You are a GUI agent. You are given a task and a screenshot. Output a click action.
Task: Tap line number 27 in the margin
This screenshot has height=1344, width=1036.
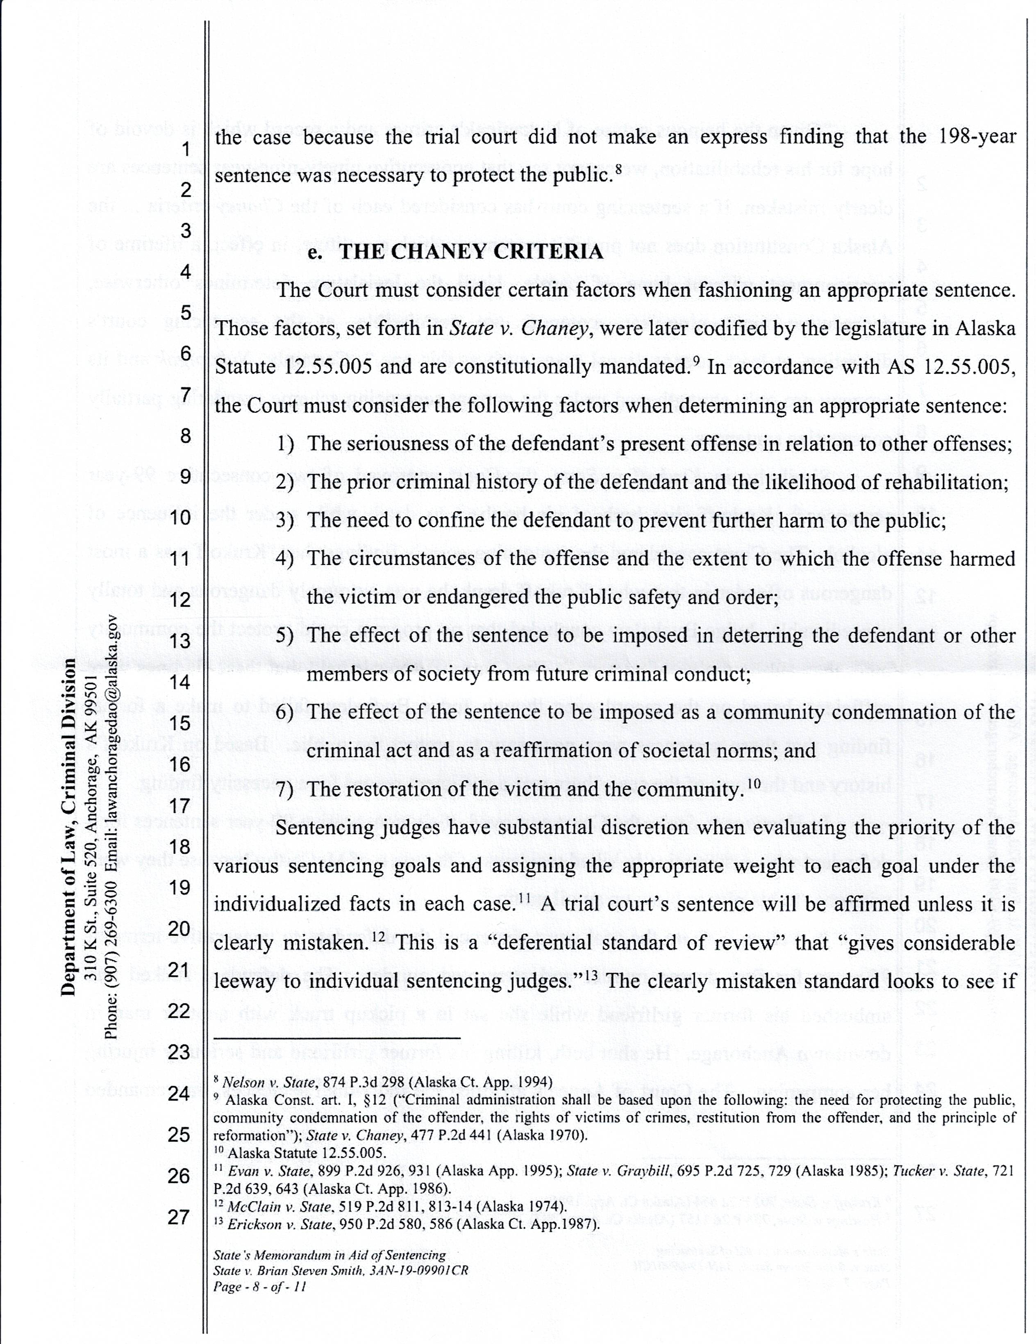tap(179, 1217)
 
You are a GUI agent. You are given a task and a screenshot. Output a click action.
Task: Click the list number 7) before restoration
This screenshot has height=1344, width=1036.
tap(285, 789)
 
